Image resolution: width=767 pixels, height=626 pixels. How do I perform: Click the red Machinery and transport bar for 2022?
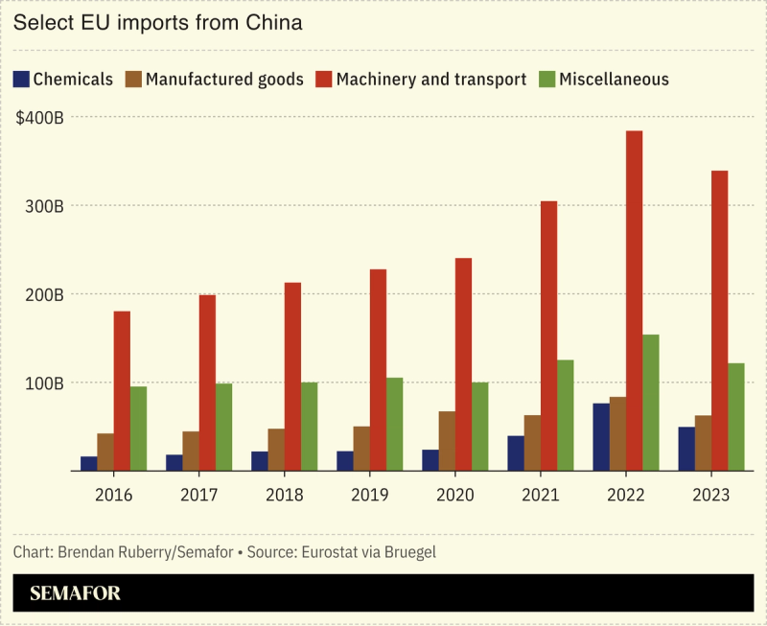[x=634, y=301]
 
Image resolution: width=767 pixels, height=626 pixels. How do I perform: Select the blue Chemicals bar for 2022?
[x=601, y=437]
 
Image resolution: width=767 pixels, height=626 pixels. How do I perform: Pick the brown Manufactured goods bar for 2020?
[x=447, y=441]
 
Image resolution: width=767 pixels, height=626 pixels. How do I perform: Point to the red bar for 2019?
[x=378, y=370]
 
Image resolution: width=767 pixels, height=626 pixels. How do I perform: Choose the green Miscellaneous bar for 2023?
[x=736, y=417]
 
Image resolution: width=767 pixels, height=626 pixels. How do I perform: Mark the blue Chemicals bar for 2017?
[x=174, y=462]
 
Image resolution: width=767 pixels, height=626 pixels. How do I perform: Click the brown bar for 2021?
[x=532, y=443]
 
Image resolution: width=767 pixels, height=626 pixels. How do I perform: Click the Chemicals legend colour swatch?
[x=21, y=80]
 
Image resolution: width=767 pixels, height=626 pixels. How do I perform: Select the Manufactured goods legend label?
[x=224, y=80]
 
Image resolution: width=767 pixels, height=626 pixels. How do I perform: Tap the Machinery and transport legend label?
[x=431, y=80]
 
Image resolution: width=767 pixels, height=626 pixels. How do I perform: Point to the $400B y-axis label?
[x=39, y=117]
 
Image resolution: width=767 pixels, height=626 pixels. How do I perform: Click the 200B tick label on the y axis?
[x=42, y=294]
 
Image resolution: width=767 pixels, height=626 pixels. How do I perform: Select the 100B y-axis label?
[x=42, y=383]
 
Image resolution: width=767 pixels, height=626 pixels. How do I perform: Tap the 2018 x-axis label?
[x=285, y=495]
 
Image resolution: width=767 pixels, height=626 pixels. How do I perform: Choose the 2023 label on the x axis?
[x=710, y=495]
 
